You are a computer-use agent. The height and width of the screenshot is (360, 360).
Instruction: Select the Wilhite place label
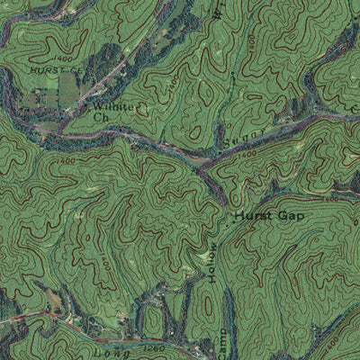112,106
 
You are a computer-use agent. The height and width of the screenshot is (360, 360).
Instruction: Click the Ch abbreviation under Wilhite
101,118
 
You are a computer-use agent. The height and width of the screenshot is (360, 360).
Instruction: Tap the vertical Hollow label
214,263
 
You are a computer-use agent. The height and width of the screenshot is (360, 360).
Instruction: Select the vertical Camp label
215,346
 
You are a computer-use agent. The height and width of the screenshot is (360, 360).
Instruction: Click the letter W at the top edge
218,11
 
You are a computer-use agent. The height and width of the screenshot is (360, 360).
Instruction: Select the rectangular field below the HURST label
67,87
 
